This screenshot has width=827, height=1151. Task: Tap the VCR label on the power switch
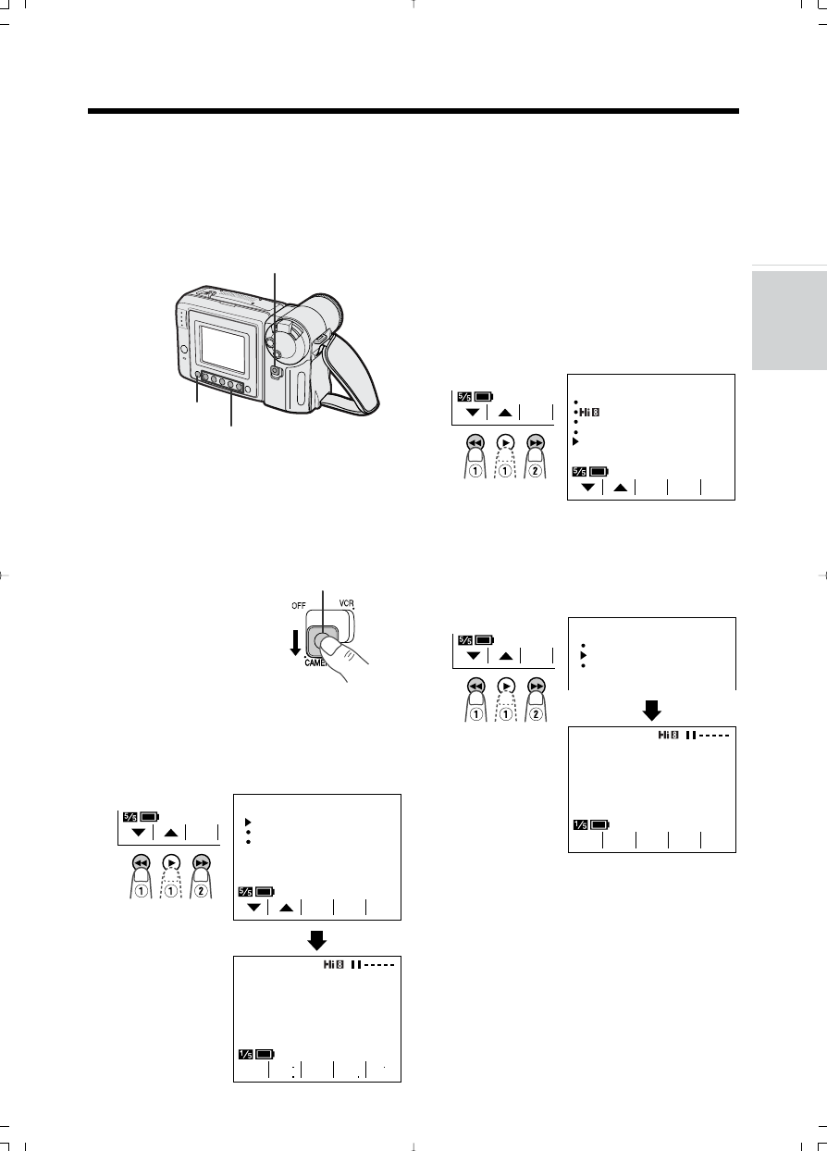[x=346, y=601]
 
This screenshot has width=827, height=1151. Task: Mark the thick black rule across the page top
[x=413, y=112]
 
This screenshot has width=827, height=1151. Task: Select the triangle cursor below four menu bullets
[x=576, y=441]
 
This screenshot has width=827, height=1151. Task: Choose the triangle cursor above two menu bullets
[x=248, y=820]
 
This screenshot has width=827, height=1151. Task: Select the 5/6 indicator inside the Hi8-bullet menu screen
[x=581, y=472]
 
